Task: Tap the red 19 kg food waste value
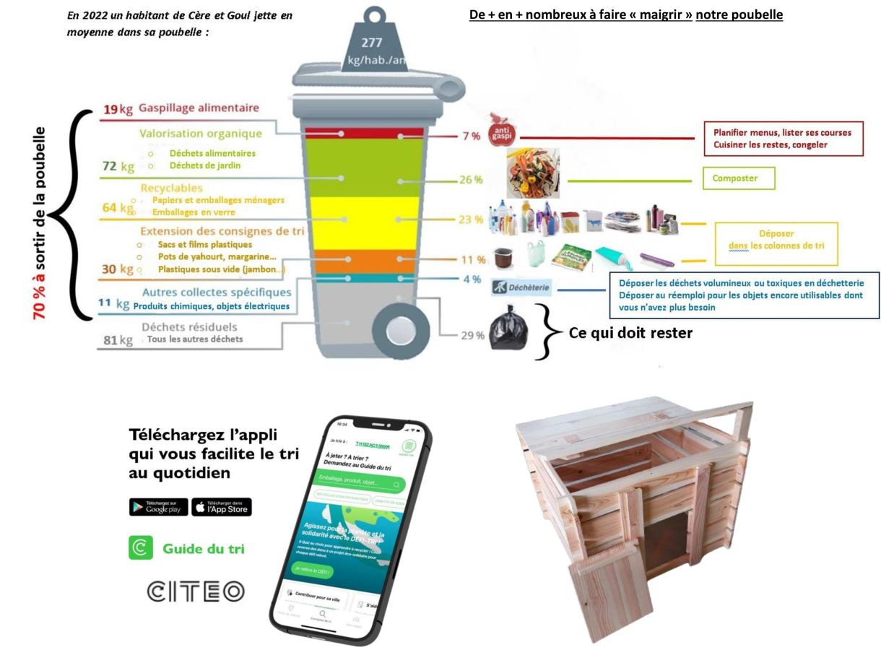[x=118, y=110]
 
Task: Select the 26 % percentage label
[x=470, y=180]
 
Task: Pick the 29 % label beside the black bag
[x=472, y=335]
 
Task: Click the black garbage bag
[x=509, y=329]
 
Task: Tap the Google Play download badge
[x=158, y=507]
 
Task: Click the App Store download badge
[x=222, y=507]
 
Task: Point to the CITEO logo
[x=196, y=591]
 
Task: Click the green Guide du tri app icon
[x=140, y=548]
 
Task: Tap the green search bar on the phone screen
[x=360, y=482]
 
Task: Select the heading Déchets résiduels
[x=189, y=327]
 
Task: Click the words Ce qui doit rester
[x=630, y=333]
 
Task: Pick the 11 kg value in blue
[x=113, y=304]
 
